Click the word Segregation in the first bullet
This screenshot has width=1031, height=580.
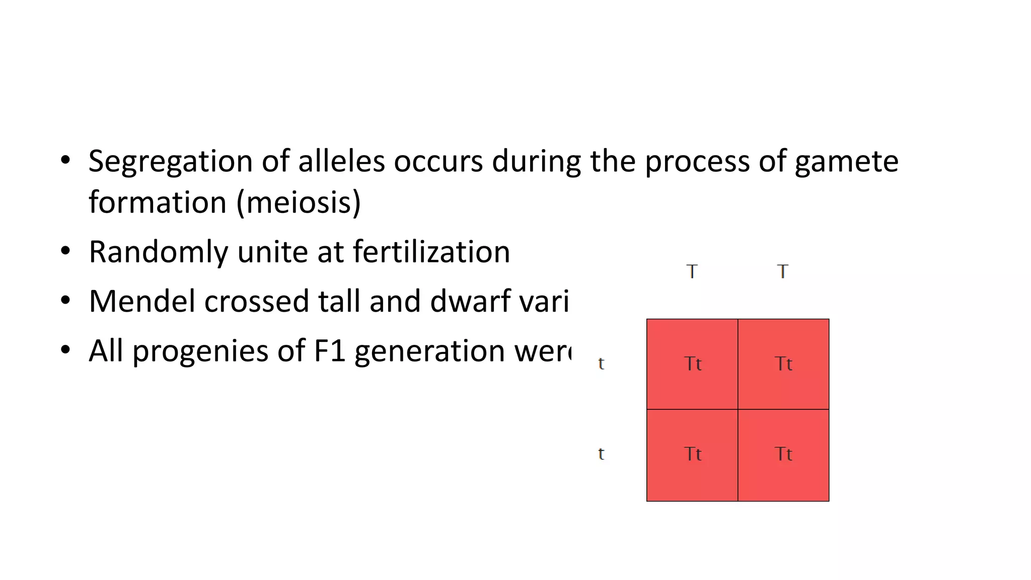tap(170, 162)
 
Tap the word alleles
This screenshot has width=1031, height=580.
tap(341, 162)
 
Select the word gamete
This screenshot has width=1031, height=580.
tap(846, 162)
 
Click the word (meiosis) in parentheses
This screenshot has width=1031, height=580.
tap(299, 202)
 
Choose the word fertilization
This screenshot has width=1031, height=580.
tap(431, 252)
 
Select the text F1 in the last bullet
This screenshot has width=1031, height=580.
tap(330, 350)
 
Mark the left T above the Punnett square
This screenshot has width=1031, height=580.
tap(692, 272)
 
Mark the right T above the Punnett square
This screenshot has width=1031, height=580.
tap(782, 272)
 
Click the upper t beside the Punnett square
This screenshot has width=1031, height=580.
tap(601, 364)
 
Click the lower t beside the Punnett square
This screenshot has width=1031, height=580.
tap(601, 454)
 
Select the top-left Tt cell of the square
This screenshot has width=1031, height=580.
tap(692, 364)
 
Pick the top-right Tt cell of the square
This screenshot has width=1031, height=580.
tap(783, 364)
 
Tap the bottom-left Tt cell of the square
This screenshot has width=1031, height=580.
tap(692, 455)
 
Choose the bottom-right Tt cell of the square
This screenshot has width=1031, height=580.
tap(783, 455)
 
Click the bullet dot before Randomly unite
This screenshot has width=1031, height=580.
tap(65, 251)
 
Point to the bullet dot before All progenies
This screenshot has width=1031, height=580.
tap(65, 350)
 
